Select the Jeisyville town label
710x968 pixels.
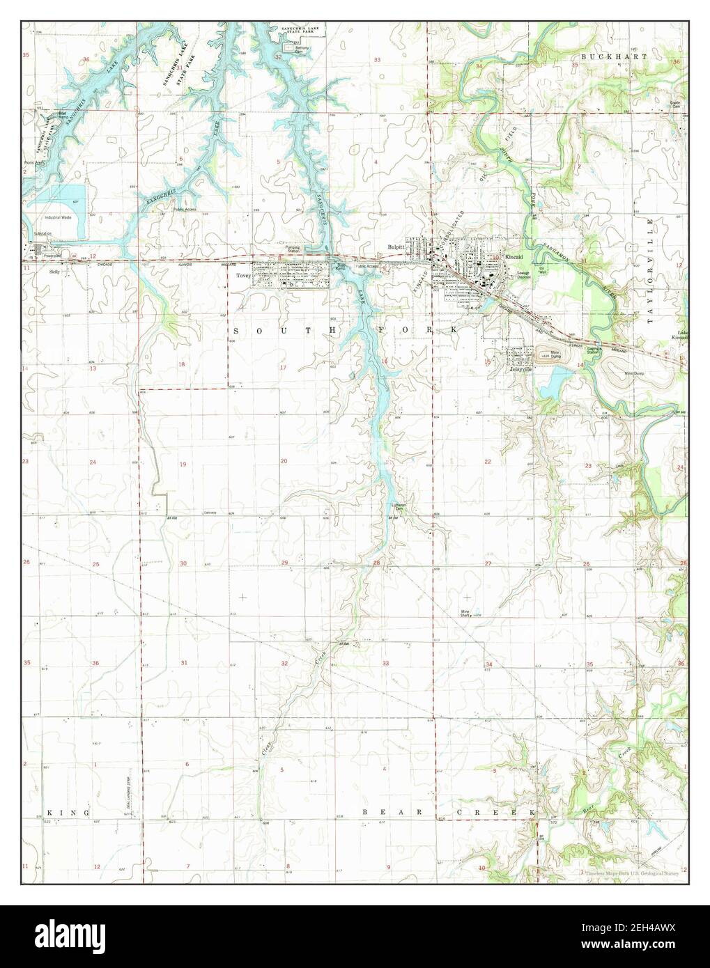(520, 369)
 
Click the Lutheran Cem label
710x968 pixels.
(396, 508)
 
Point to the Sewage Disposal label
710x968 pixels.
(524, 274)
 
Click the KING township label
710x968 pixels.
(70, 813)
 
